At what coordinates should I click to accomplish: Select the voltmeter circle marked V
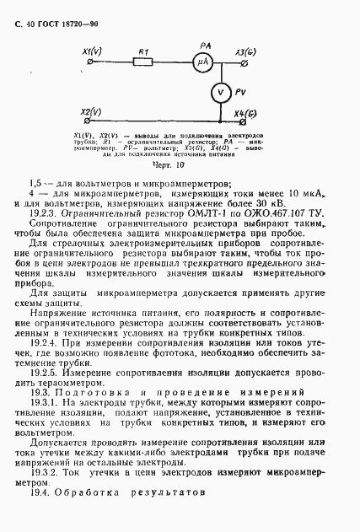coord(218,90)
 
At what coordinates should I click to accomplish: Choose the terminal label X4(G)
coord(247,112)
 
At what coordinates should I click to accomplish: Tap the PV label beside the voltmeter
coord(239,91)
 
